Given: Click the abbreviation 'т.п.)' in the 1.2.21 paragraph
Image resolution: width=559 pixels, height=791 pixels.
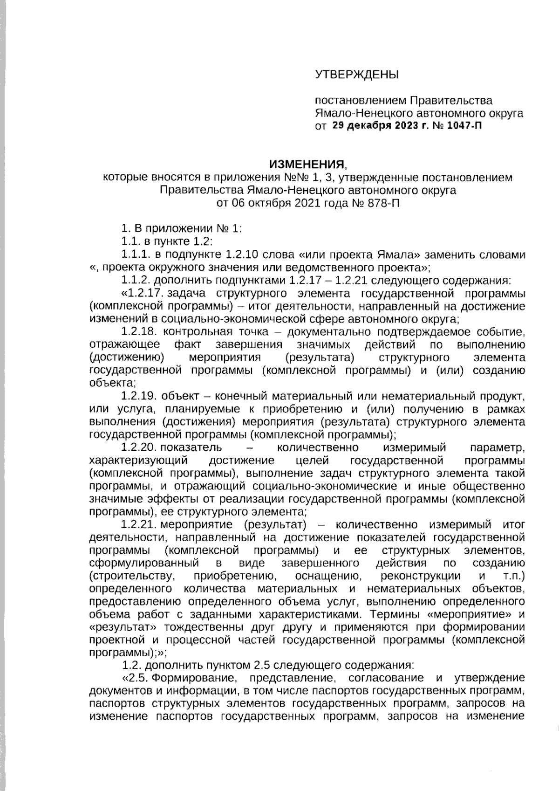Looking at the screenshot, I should coord(511,576).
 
